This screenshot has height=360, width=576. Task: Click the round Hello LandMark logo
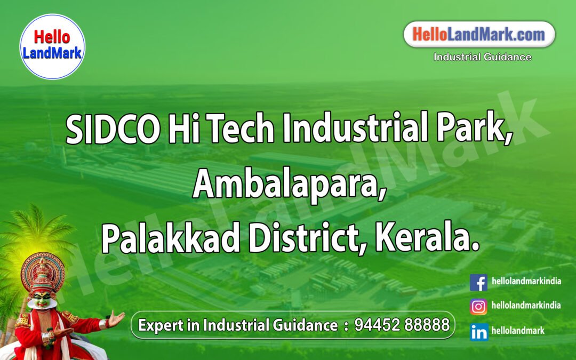coord(52,46)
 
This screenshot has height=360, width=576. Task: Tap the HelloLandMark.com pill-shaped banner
coord(479,35)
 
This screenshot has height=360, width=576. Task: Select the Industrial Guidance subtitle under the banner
coord(482,57)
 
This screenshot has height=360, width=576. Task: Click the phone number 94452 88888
coord(402,325)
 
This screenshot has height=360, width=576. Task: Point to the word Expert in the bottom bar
coord(158,325)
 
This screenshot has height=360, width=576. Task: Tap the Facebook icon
coord(478,282)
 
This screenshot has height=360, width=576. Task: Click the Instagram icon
coord(478,307)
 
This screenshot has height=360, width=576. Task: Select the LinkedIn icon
coord(478,332)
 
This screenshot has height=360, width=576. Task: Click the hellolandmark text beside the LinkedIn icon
coord(518,331)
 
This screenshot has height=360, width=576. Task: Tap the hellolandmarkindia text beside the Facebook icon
coord(526,281)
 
